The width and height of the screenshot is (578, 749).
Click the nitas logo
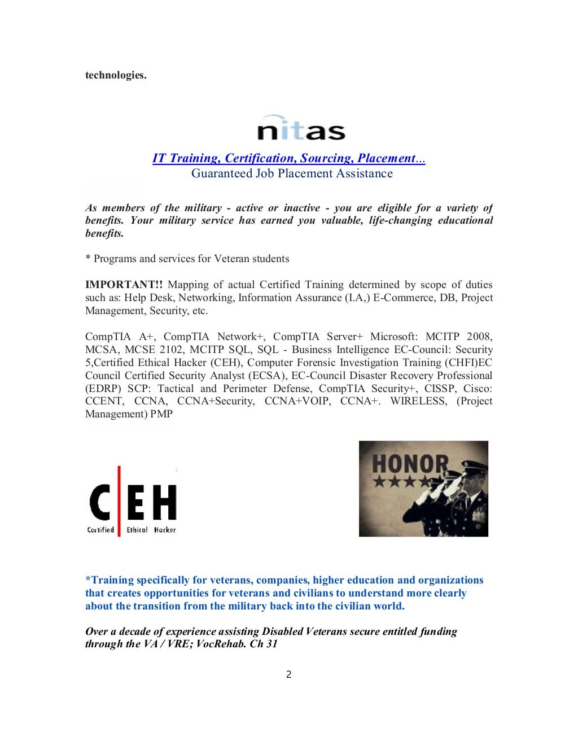[301, 129]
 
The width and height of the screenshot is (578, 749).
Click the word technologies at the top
[116, 75]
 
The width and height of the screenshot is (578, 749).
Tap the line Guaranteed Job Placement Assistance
[292, 173]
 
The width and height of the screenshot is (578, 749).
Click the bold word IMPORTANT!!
[124, 285]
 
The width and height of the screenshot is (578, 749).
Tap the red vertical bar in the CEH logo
[119, 501]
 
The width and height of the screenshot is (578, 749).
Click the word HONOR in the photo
[410, 464]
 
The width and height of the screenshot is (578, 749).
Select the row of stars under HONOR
[401, 482]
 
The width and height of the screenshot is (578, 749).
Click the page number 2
[288, 674]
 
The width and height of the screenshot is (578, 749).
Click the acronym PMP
[161, 414]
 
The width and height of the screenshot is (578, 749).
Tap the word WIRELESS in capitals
[418, 401]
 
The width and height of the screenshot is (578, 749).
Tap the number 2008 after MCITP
[479, 337]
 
